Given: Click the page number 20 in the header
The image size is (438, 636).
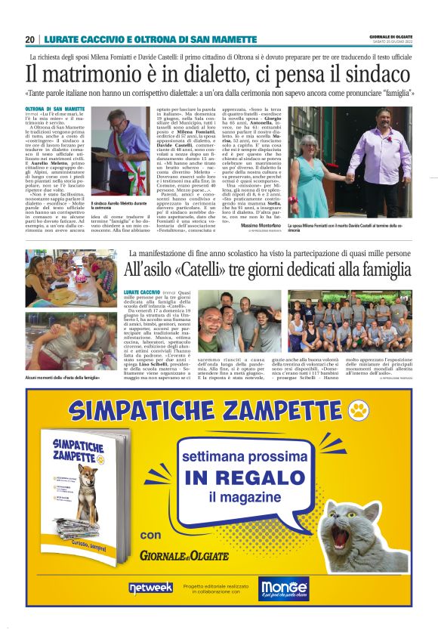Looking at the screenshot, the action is point(29,39).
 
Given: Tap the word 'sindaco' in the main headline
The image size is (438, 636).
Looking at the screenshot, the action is point(374,75).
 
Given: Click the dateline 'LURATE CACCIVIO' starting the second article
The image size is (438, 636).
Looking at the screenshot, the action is point(149,291).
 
